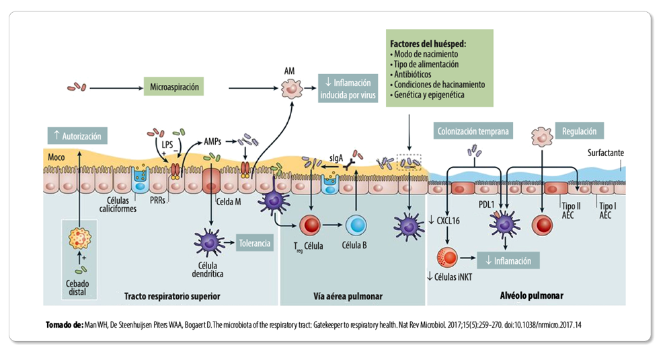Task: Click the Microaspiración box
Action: coord(174,87)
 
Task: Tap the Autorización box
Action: coord(78,136)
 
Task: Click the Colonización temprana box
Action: coord(472,131)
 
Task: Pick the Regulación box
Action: coord(579,131)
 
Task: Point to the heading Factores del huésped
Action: coord(428,44)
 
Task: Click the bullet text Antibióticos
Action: coord(414,75)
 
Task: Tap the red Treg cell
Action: coord(311,225)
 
